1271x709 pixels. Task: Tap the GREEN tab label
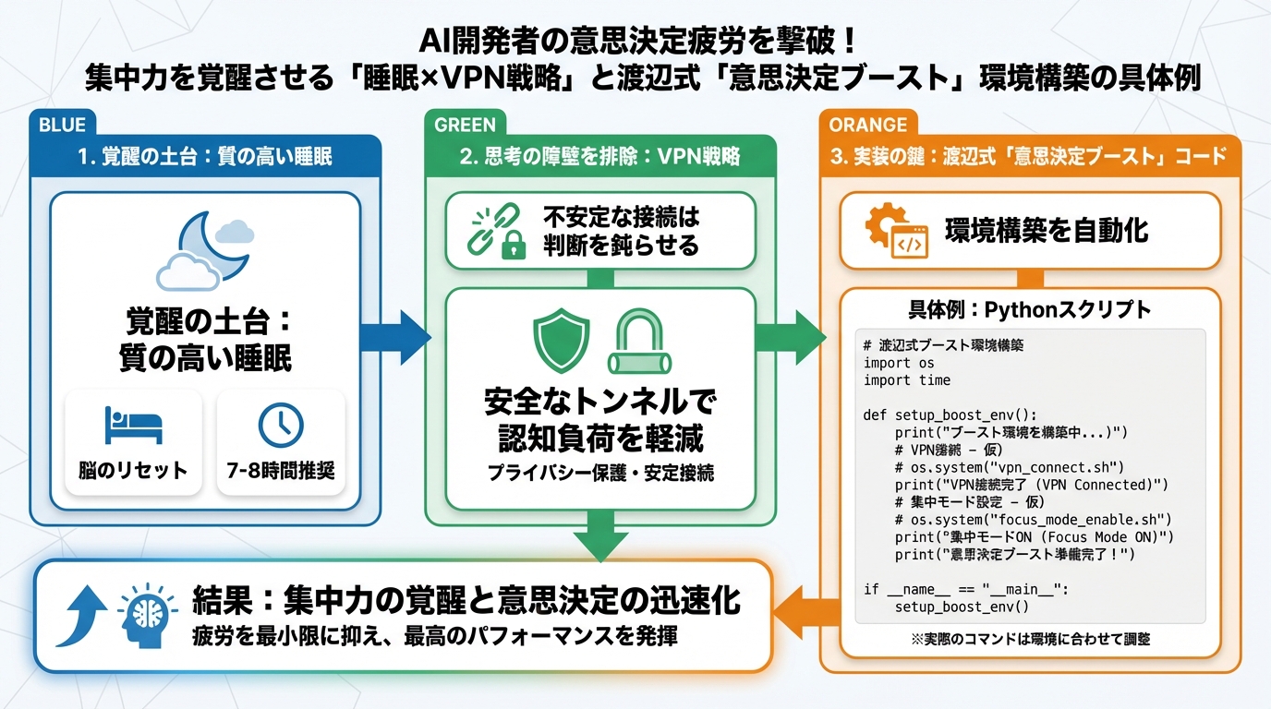coord(465,125)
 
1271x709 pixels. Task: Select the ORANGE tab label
coord(867,125)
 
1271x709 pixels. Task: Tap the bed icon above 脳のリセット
coord(133,426)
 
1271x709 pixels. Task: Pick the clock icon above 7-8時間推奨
coord(280,425)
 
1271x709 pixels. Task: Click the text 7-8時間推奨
coord(281,470)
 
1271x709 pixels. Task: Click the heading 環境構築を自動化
coord(1047,230)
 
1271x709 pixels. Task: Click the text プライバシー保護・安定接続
coord(600,473)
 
